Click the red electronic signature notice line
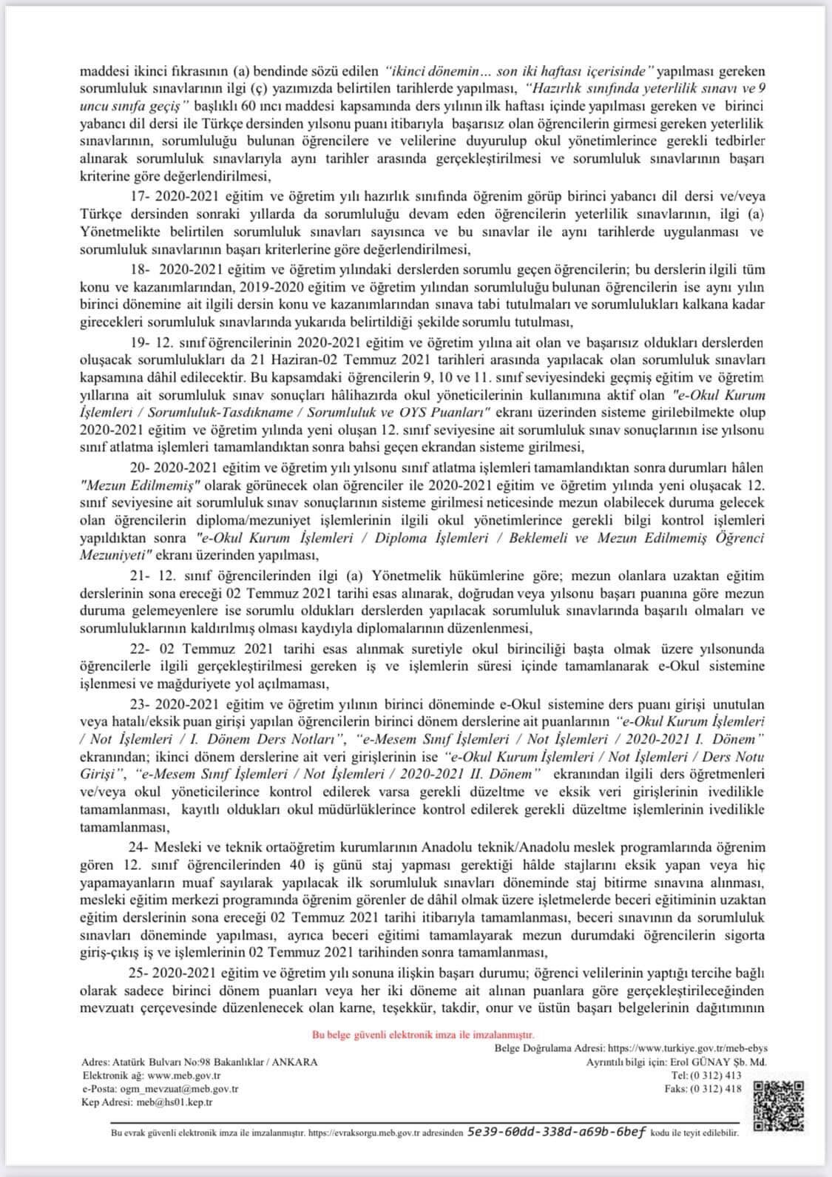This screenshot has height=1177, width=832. tap(423, 1035)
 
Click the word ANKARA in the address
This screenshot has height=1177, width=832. tap(295, 1062)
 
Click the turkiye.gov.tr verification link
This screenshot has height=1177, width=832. tap(687, 1048)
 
